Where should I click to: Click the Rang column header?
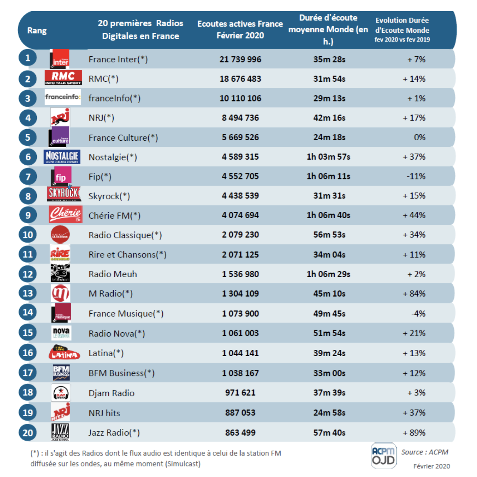click(x=37, y=31)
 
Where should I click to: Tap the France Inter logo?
click(x=60, y=59)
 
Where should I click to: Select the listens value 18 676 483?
click(x=240, y=79)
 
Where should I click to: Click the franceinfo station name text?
click(x=114, y=99)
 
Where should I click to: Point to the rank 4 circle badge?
click(x=28, y=118)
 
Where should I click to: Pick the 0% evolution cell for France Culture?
click(x=419, y=137)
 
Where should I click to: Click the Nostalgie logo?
click(x=62, y=157)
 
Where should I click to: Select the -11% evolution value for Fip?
click(x=416, y=176)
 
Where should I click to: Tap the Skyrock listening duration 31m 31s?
click(x=329, y=196)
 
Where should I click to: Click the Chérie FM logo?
click(x=65, y=215)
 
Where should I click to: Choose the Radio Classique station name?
click(x=125, y=235)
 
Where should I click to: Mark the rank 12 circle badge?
click(x=28, y=274)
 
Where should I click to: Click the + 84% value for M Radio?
click(x=414, y=294)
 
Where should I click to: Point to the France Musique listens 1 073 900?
click(x=240, y=314)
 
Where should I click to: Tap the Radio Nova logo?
click(x=61, y=333)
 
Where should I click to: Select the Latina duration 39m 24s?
click(x=329, y=353)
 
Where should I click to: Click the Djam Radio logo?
click(x=61, y=393)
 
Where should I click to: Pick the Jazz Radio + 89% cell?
click(x=414, y=433)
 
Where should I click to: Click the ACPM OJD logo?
click(x=383, y=456)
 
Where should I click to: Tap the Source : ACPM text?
click(x=425, y=452)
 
